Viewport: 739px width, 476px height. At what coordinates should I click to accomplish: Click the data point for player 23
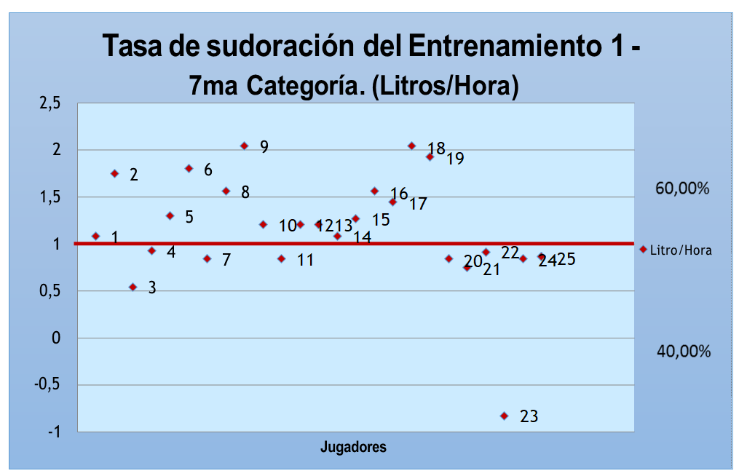(504, 416)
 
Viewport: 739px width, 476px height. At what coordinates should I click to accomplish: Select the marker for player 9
(244, 146)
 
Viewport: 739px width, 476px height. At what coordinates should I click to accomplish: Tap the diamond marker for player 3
(133, 287)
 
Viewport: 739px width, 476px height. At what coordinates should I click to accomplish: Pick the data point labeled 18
(411, 146)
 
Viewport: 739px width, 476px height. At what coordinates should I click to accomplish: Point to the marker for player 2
(114, 173)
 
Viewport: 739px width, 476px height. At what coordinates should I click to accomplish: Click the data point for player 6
(189, 168)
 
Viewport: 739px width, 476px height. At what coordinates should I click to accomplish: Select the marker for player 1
(95, 236)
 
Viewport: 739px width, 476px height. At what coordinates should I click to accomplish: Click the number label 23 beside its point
(529, 416)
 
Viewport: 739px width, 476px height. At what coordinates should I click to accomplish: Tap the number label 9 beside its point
(264, 147)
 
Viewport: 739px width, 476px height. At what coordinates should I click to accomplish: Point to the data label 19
(455, 158)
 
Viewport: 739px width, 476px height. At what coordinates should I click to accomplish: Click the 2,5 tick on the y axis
(50, 103)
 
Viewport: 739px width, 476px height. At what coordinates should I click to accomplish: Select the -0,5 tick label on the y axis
(47, 386)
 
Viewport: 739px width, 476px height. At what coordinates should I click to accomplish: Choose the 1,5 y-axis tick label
(50, 197)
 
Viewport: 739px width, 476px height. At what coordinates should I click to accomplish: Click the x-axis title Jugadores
(353, 447)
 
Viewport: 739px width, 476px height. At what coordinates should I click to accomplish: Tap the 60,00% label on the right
(682, 189)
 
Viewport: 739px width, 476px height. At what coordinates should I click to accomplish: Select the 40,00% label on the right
(683, 352)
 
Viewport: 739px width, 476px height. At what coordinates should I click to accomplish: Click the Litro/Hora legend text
(681, 250)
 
